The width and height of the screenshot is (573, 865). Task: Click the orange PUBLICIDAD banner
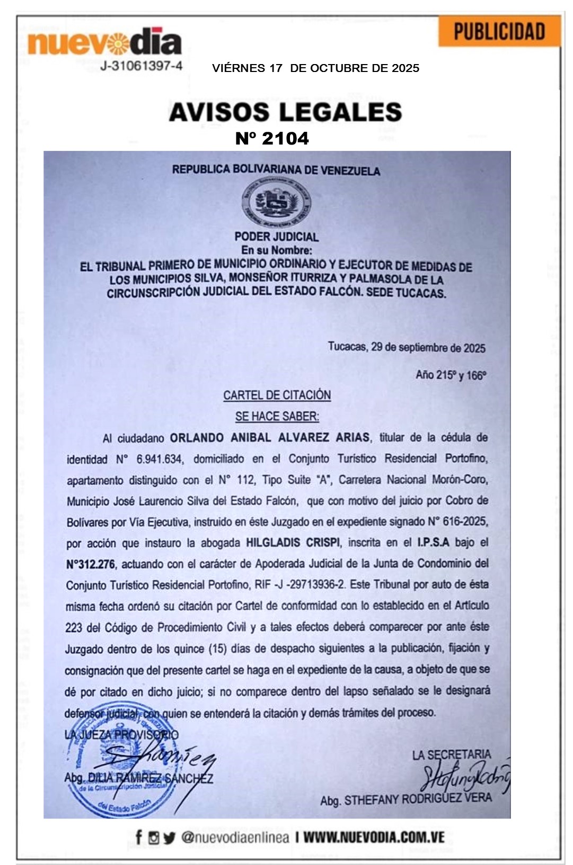499,32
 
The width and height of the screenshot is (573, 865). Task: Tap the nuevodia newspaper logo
104,42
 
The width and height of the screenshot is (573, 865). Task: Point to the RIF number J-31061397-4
141,66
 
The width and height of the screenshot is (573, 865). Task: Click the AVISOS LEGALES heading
285,112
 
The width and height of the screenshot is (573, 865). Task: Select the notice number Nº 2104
272,139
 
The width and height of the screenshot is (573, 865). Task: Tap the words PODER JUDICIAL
276,237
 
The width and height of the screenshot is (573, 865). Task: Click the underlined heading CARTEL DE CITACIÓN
277,395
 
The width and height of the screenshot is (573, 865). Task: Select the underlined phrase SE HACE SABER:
277,416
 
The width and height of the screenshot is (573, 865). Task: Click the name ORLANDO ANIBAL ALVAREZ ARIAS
270,438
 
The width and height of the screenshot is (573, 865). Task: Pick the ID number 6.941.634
159,459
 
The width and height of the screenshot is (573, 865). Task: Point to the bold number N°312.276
91,564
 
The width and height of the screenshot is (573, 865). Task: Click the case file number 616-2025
465,521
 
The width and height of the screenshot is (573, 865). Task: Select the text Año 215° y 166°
451,375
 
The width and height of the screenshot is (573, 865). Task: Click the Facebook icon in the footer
138,837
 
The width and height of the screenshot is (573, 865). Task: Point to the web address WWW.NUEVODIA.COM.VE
374,837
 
